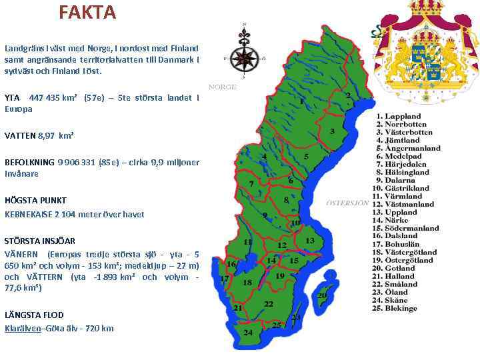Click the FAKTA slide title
[x=87, y=12]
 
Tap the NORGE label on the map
[x=223, y=87]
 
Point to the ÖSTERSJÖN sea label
[x=346, y=202]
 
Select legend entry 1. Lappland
[x=398, y=117]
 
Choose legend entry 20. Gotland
[x=397, y=269]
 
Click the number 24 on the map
[x=248, y=332]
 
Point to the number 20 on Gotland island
[x=322, y=295]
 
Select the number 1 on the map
[x=301, y=102]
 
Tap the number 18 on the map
[x=247, y=283]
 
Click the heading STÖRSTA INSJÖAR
[x=40, y=241]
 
